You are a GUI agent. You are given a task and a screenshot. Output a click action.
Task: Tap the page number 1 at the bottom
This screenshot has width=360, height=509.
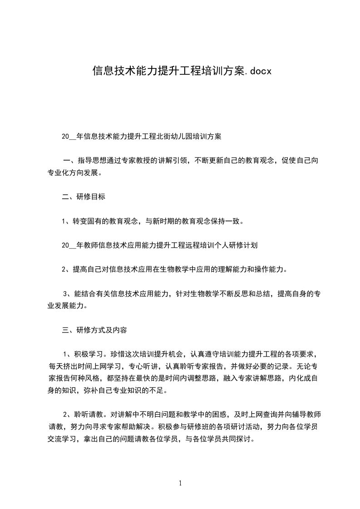pos(180,483)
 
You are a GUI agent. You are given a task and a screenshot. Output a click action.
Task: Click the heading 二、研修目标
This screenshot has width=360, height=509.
pos(84,197)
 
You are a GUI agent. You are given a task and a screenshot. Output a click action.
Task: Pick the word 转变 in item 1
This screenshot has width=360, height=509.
pos(78,221)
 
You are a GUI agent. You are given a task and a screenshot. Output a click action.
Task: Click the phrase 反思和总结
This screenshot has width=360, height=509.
pos(247,294)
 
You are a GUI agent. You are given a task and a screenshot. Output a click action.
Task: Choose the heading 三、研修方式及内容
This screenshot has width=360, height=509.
pos(94,330)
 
